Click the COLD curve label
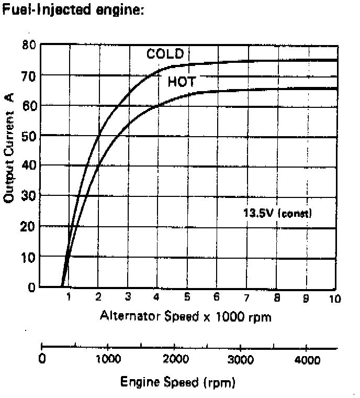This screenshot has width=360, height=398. [x=165, y=54]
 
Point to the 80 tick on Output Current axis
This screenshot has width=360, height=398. [x=29, y=45]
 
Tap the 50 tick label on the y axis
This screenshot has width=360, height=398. [x=29, y=136]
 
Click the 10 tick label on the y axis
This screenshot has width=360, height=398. [x=29, y=257]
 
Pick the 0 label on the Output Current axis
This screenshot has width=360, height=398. [x=31, y=287]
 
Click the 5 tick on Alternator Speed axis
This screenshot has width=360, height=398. [x=187, y=297]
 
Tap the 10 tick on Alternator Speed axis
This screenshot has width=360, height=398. [x=335, y=298]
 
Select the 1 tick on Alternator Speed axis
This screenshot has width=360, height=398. [x=68, y=297]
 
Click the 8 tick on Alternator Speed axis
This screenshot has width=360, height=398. [x=276, y=297]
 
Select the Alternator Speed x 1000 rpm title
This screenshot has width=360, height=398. [x=185, y=316]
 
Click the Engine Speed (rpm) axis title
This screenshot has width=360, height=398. [x=175, y=382]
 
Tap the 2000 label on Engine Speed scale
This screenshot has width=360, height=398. [x=176, y=360]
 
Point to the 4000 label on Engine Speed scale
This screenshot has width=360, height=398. [x=308, y=360]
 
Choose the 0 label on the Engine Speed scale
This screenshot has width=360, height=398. [x=42, y=360]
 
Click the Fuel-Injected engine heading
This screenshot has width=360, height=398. [x=73, y=10]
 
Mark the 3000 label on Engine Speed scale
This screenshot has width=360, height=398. [x=242, y=360]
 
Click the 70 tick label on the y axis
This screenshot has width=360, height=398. [x=29, y=75]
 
